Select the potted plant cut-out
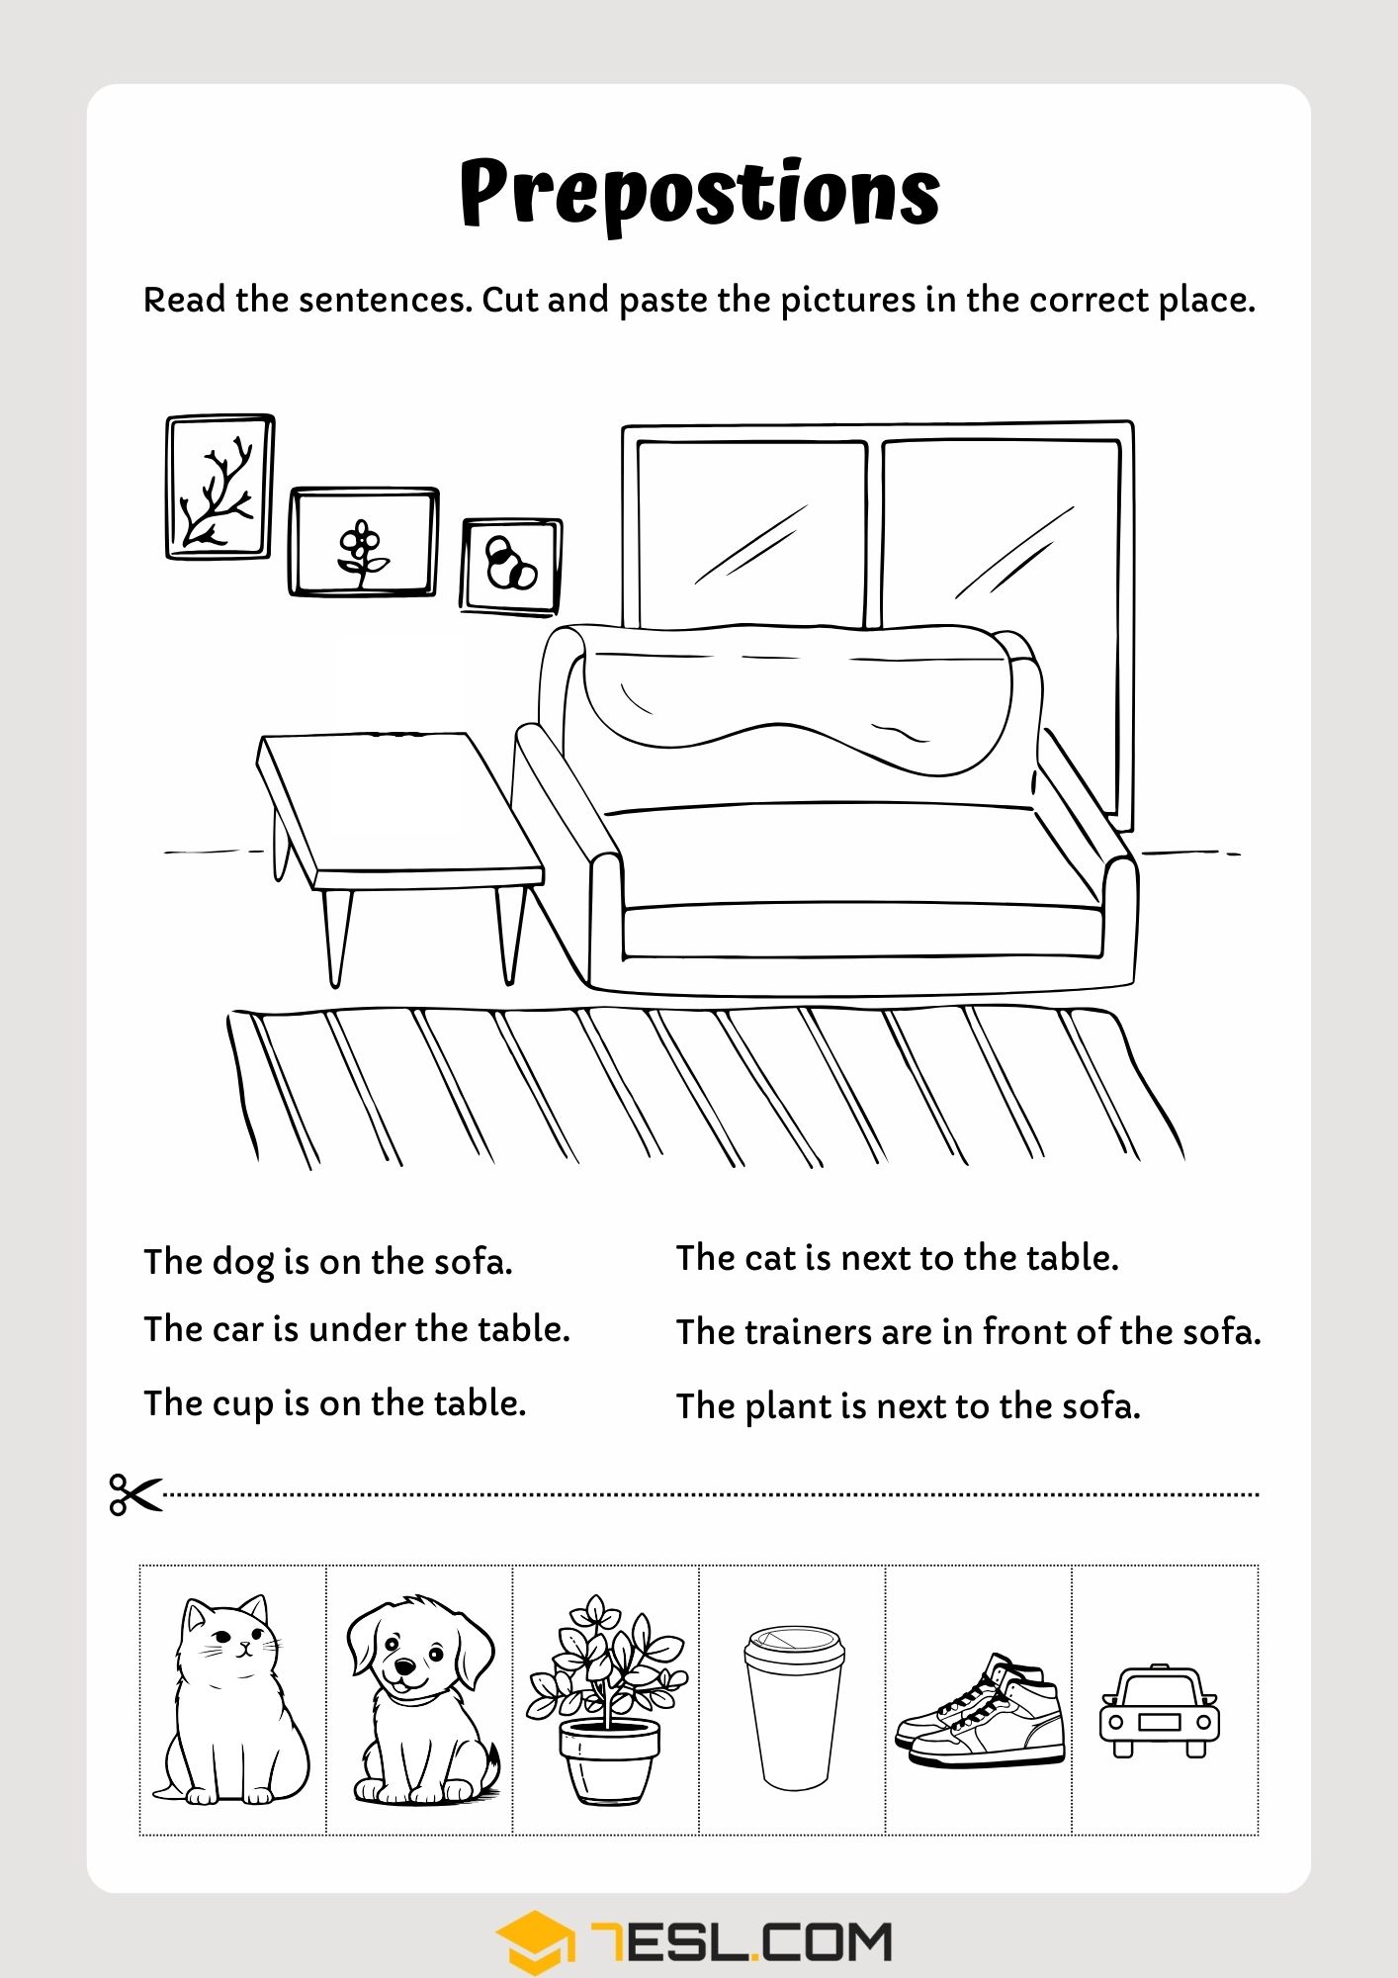(x=605, y=1701)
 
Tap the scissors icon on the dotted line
(x=134, y=1493)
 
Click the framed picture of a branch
(x=219, y=487)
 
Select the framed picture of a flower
(x=364, y=542)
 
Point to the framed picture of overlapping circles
(x=511, y=566)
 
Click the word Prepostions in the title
(x=699, y=193)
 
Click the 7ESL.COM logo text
(x=742, y=1941)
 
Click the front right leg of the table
(x=510, y=935)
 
